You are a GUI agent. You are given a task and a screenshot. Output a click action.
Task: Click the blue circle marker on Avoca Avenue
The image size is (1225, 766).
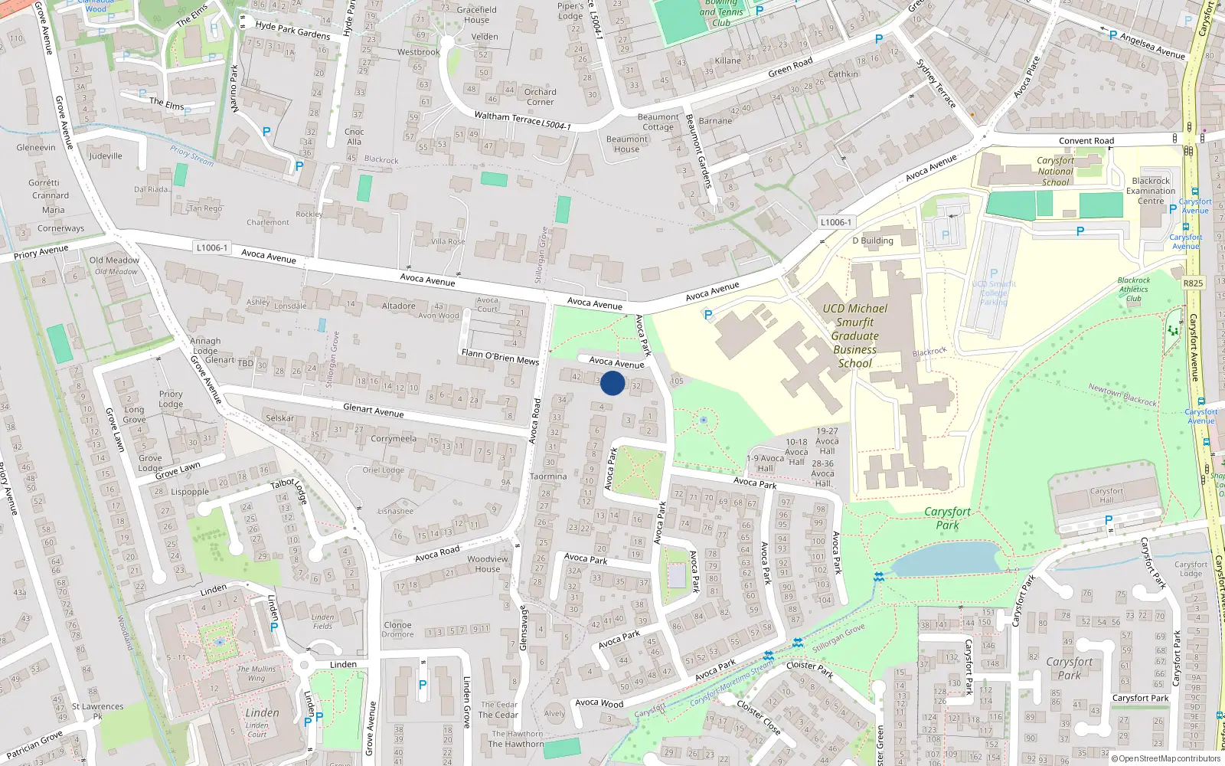[612, 383]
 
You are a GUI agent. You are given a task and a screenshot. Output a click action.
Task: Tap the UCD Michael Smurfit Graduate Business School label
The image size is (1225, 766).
[854, 336]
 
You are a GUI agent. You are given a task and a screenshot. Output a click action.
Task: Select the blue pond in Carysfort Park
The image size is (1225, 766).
[946, 559]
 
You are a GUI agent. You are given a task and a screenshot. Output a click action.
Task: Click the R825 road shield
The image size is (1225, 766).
[1193, 283]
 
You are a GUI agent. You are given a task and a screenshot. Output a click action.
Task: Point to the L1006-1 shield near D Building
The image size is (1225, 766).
[835, 222]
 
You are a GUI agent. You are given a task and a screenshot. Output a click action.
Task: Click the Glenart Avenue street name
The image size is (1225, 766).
[373, 411]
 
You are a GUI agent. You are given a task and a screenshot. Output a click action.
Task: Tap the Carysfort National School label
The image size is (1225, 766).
[1055, 172]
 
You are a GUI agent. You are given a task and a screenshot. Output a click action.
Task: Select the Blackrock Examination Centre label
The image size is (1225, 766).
[1150, 191]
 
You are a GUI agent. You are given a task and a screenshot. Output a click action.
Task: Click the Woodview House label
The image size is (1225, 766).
[487, 564]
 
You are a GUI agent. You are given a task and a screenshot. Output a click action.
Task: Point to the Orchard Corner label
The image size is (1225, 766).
[540, 97]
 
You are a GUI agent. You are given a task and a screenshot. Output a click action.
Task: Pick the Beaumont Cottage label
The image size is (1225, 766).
[658, 122]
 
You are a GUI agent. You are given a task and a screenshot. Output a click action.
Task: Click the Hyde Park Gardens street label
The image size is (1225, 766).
[292, 31]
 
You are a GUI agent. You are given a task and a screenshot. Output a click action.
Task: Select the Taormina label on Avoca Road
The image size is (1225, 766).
[548, 476]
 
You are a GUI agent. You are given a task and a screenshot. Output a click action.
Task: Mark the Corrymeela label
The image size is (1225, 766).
[394, 439]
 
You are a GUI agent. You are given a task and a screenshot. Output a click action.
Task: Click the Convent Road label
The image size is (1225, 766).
[1086, 141]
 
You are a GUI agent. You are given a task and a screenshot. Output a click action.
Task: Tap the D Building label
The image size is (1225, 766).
[873, 241]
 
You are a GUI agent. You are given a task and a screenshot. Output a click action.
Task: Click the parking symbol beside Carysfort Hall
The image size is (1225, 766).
[1108, 521]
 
